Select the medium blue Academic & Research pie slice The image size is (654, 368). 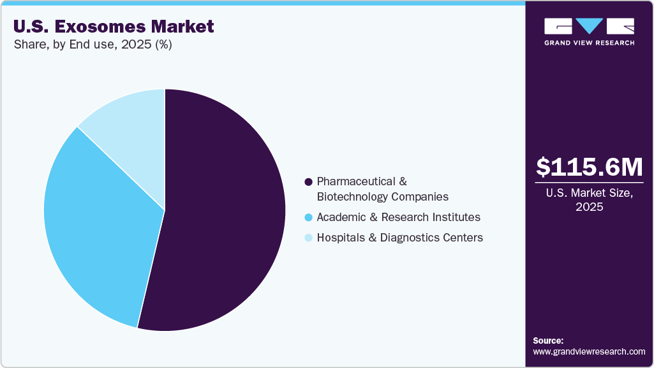tap(96, 217)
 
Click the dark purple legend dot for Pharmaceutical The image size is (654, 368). tap(309, 182)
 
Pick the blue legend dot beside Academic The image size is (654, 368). tap(309, 217)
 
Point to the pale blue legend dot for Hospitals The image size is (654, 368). tap(309, 238)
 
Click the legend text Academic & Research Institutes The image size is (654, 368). tap(398, 217)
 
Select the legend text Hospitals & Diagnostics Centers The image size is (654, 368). tap(399, 238)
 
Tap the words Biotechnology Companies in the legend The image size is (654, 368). tap(382, 196)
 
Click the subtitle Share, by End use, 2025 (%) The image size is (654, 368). tap(93, 45)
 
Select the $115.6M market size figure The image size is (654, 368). tap(589, 167)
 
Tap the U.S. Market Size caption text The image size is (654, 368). tap(589, 193)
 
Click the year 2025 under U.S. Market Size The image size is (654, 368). tap(589, 207)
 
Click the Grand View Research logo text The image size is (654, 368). tap(589, 43)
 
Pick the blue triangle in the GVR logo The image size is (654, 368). tap(589, 26)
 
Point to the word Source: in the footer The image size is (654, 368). tap(548, 341)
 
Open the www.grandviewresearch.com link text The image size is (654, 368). tap(589, 351)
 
